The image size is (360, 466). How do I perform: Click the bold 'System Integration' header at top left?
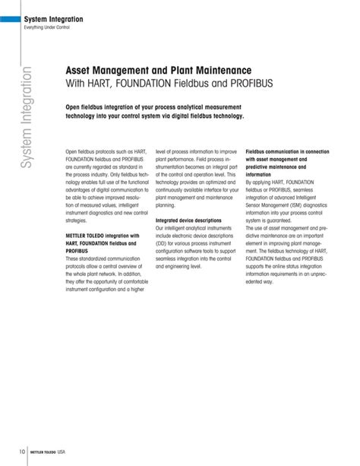pos(52,18)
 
